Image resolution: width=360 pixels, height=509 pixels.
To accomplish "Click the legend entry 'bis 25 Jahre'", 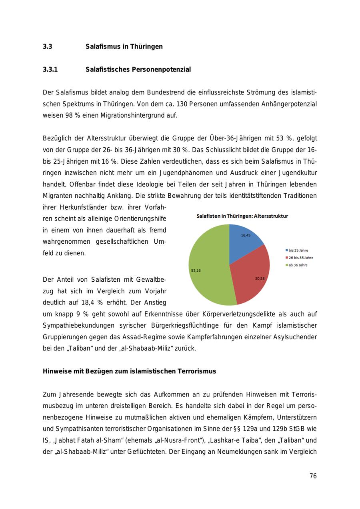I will (x=298, y=250).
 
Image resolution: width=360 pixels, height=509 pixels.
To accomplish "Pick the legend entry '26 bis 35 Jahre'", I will (x=300, y=258).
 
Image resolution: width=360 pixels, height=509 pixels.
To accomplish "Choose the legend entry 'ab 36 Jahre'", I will (x=298, y=265).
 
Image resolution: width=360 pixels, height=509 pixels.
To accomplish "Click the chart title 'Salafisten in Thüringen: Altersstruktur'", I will (x=242, y=216).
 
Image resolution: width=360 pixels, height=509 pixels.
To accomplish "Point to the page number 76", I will (x=313, y=476).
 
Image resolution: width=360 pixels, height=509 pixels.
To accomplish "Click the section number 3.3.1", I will (x=50, y=70).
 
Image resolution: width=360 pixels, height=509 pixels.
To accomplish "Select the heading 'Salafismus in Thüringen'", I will (x=124, y=47).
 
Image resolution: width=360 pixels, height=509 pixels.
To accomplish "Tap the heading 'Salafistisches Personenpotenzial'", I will (x=138, y=70).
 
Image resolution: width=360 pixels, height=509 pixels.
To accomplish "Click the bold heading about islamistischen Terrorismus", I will (x=129, y=371).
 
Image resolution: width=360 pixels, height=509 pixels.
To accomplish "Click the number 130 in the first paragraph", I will (x=170, y=104).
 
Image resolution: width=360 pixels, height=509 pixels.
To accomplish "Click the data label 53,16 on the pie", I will (x=196, y=271).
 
